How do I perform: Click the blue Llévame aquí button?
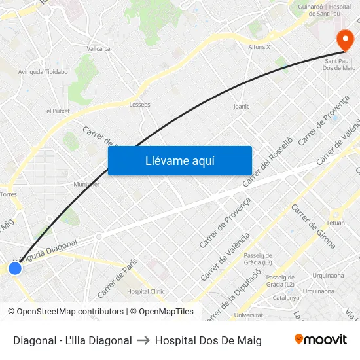tap(180, 160)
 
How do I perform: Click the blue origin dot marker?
tap(15, 268)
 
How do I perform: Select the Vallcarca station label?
tap(98, 48)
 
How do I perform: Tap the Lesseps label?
tap(139, 104)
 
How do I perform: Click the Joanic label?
tap(242, 106)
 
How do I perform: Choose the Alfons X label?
tap(259, 47)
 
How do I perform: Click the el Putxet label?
tap(58, 111)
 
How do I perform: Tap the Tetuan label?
tap(335, 223)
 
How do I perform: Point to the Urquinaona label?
tap(329, 276)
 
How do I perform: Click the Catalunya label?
tap(286, 298)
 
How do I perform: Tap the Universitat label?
tap(248, 315)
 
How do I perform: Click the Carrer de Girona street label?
tap(314, 226)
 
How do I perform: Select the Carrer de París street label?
tap(117, 277)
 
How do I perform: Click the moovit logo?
tap(320, 340)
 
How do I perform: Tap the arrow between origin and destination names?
tap(143, 340)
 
